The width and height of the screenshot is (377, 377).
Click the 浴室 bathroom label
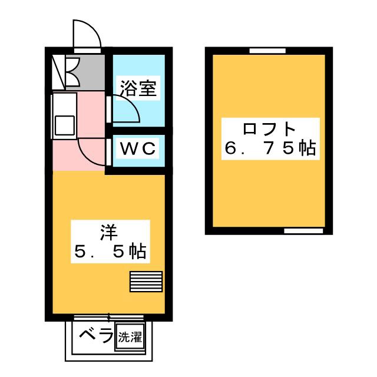(138, 89)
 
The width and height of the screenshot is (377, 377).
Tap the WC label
(139, 150)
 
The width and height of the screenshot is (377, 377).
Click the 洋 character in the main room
(108, 231)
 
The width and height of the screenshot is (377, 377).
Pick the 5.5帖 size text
(109, 252)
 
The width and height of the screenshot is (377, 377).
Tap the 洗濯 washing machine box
(130, 338)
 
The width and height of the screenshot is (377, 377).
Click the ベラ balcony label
(96, 336)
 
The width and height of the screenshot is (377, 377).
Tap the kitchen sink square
(64, 125)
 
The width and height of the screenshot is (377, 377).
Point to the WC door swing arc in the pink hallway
(91, 153)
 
